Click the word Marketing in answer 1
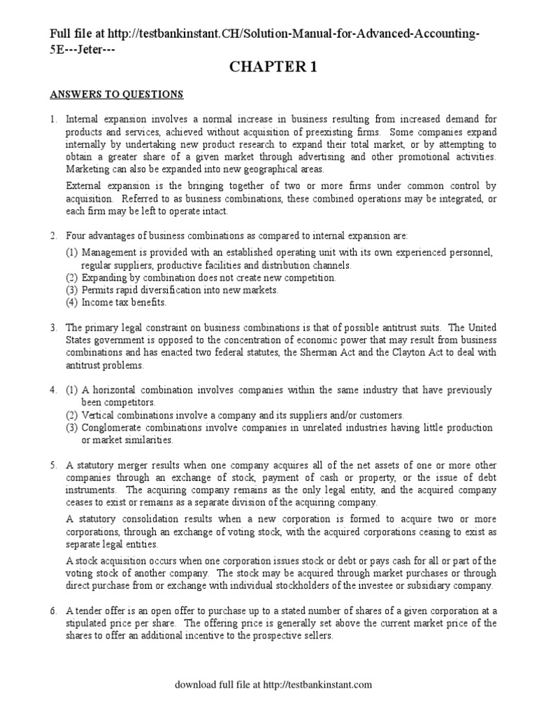(88, 169)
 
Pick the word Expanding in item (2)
(105, 277)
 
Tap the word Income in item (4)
(96, 302)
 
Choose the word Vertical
(98, 415)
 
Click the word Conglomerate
(110, 428)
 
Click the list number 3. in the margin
(53, 328)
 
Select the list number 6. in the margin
(53, 611)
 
